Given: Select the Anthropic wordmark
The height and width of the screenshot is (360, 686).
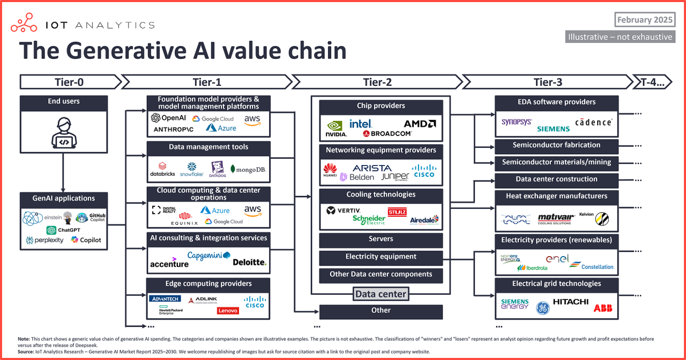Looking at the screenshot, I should click(x=174, y=130).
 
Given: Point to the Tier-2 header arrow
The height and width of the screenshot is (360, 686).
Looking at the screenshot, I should click(x=377, y=82).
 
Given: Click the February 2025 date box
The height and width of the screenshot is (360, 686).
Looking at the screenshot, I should click(x=644, y=20).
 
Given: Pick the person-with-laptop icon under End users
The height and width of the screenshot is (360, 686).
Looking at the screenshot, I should click(x=63, y=134).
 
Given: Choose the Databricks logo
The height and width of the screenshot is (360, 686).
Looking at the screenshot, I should click(x=162, y=170).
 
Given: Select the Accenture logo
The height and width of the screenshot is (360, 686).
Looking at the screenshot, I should click(x=169, y=262).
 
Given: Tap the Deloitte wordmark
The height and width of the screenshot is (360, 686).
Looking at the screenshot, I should click(x=249, y=262).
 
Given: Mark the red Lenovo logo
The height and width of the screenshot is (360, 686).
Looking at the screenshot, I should click(x=228, y=311).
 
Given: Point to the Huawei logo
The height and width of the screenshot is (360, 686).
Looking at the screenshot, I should click(x=330, y=171).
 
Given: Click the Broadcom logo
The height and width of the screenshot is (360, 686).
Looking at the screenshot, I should click(x=387, y=133).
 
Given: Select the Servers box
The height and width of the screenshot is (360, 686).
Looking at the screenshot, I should click(x=381, y=239).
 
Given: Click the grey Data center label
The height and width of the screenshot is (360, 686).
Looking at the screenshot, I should click(x=381, y=294).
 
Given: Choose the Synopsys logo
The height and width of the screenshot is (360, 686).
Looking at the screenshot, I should click(x=516, y=122).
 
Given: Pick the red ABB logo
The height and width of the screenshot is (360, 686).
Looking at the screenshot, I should click(x=603, y=308).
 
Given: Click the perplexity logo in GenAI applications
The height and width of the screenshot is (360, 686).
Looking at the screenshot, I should click(x=44, y=241).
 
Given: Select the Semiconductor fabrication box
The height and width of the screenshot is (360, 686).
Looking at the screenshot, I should click(x=556, y=145).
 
